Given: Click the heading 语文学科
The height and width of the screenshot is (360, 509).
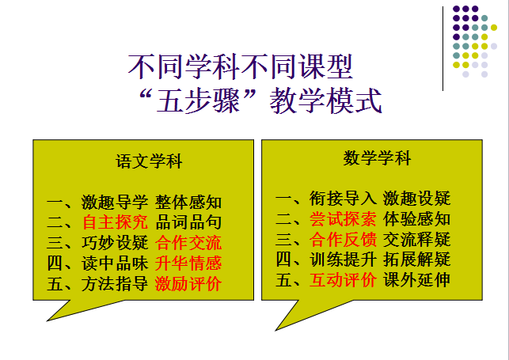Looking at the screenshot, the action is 149,161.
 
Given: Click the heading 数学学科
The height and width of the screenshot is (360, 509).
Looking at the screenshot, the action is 378,158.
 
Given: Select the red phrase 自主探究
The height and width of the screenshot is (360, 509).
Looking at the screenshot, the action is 116,222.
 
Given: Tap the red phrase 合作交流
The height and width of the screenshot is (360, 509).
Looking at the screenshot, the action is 188,243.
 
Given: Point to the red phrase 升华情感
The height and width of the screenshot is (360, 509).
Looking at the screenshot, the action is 188,263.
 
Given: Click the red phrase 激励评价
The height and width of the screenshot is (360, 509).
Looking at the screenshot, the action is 188,284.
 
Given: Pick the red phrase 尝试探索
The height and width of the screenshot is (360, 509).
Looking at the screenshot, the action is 343,219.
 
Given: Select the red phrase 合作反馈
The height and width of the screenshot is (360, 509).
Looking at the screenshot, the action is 343,240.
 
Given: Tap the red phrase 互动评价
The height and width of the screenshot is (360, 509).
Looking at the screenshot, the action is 343,280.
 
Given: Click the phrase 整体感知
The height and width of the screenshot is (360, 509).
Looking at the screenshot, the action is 188,202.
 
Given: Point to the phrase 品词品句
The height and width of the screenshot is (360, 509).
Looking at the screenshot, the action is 188,222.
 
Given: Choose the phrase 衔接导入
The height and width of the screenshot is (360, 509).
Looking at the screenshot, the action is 343,198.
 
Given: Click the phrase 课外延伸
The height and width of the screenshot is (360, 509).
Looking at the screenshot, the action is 417,280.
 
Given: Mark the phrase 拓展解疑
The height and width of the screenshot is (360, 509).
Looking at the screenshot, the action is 417,260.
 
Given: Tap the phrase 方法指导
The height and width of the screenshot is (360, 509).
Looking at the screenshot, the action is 116,284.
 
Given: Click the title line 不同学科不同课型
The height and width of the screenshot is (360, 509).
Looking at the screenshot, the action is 241,67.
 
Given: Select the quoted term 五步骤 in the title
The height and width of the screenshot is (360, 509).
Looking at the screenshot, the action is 198,100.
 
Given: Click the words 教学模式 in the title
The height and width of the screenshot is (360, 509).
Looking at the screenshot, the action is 325,100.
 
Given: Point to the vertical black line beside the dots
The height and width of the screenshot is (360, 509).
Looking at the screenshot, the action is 443,48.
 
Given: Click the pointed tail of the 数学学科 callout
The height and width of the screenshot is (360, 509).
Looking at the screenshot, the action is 276,331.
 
